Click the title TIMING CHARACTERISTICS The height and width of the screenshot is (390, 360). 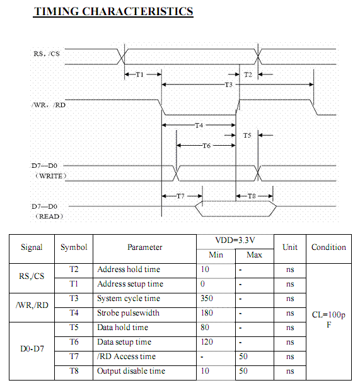pyautogui.click(x=113, y=11)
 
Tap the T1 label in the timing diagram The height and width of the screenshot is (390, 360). pyautogui.click(x=139, y=74)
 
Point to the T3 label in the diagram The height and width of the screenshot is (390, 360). pyautogui.click(x=229, y=85)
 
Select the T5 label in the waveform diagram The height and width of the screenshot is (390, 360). pyautogui.click(x=247, y=135)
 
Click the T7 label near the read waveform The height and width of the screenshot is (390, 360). pyautogui.click(x=180, y=196)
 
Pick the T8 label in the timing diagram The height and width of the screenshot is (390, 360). pyautogui.click(x=252, y=196)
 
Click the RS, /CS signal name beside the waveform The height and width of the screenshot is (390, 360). pyautogui.click(x=47, y=54)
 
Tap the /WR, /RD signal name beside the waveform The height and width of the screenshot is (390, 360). pyautogui.click(x=49, y=105)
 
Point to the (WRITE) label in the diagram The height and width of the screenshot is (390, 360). pyautogui.click(x=51, y=176)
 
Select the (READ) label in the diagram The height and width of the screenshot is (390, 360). pyautogui.click(x=49, y=216)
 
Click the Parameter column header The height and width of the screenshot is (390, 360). pyautogui.click(x=144, y=247)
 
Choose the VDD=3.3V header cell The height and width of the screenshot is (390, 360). pyautogui.click(x=235, y=240)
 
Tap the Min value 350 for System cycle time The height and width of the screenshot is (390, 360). pyautogui.click(x=207, y=298)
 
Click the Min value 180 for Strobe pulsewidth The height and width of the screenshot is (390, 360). pyautogui.click(x=207, y=312)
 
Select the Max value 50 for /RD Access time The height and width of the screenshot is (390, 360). pyautogui.click(x=243, y=357)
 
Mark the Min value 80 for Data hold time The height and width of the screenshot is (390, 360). pyautogui.click(x=205, y=328)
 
